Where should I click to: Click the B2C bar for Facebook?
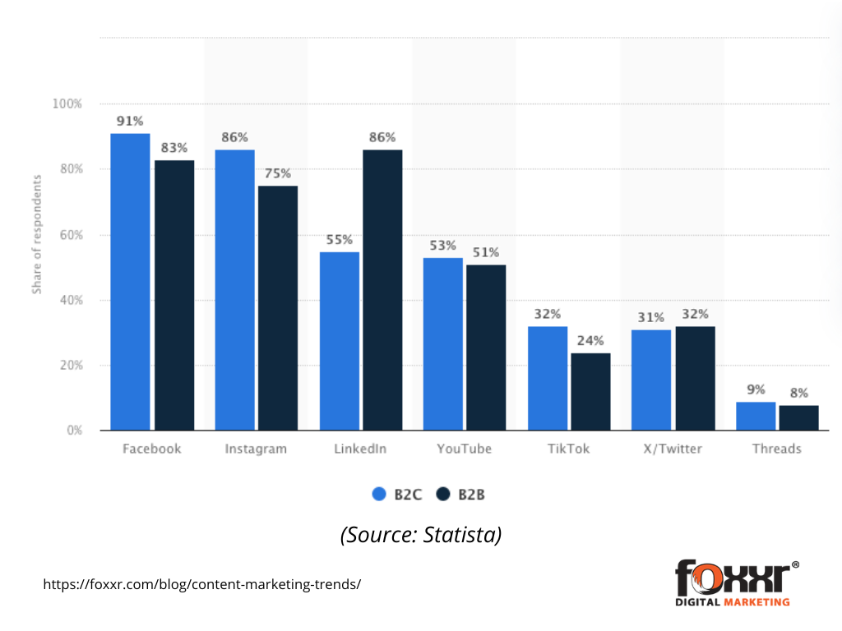click(x=130, y=282)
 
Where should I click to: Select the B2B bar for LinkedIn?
click(x=382, y=290)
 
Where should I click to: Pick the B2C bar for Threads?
click(x=756, y=416)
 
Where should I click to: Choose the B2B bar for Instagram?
click(x=278, y=308)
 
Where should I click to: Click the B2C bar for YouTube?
click(x=442, y=344)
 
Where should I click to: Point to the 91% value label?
click(x=130, y=121)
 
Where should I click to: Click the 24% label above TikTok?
click(x=590, y=340)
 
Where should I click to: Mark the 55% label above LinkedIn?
click(x=339, y=240)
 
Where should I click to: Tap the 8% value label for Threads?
click(x=798, y=393)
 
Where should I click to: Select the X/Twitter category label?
click(x=673, y=449)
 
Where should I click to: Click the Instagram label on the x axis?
click(x=256, y=449)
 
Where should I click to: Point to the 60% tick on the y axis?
click(x=68, y=235)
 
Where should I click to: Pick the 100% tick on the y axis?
click(x=67, y=104)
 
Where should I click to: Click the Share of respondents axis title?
click(x=37, y=234)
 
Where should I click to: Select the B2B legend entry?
click(x=462, y=495)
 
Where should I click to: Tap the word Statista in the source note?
click(x=463, y=535)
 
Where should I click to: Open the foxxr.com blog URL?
click(x=201, y=585)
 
